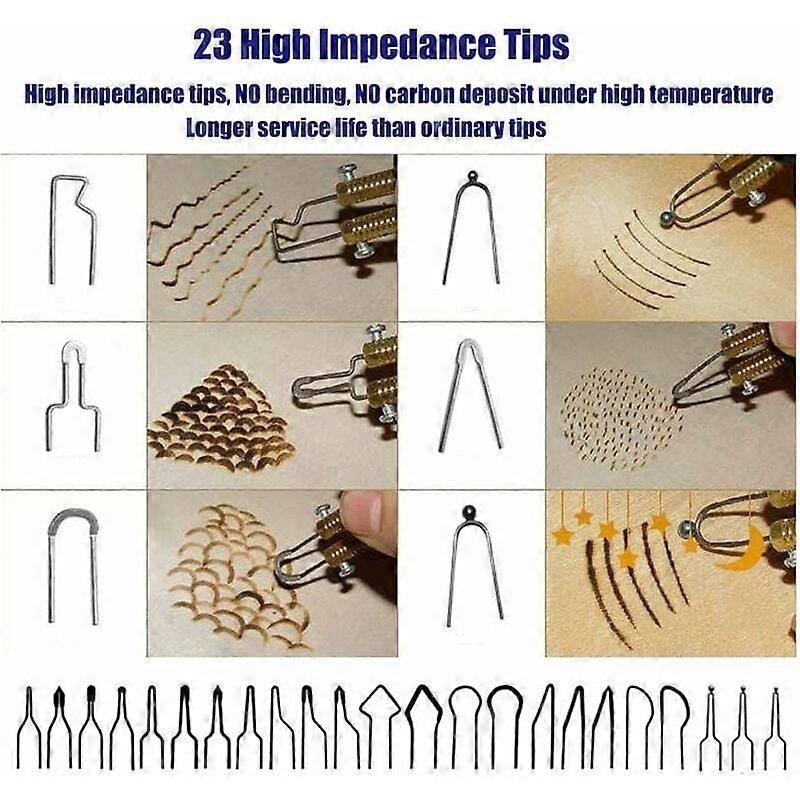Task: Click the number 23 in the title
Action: [x=212, y=45]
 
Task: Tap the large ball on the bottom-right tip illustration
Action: [x=468, y=511]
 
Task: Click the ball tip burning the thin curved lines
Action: [x=666, y=218]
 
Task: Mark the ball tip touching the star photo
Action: [x=686, y=531]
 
